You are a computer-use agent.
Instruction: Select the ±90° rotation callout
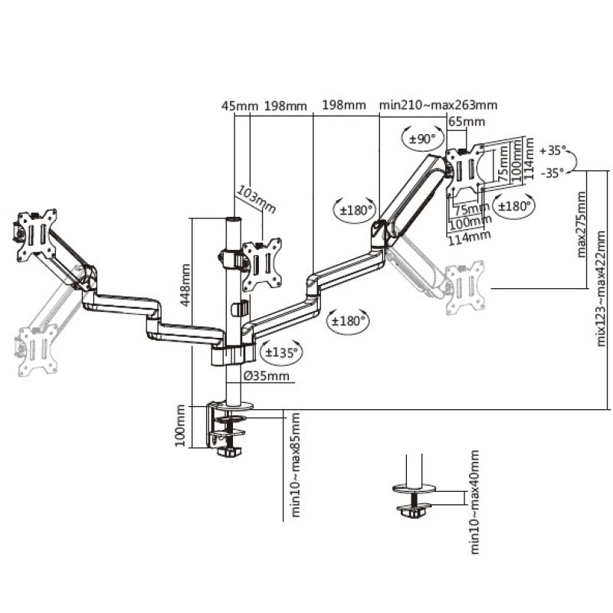point(422,139)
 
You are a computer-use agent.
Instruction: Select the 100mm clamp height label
point(181,427)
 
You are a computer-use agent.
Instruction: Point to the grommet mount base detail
point(415,501)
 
